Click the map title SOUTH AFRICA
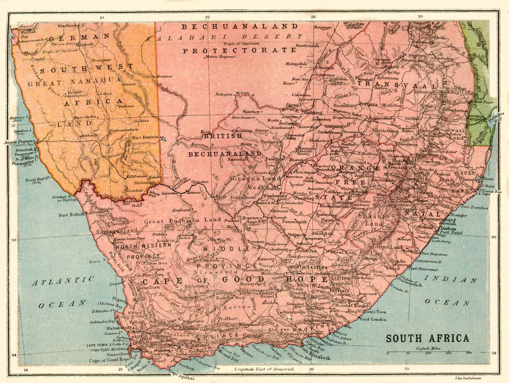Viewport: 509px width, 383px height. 428,339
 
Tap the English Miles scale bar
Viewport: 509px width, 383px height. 428,353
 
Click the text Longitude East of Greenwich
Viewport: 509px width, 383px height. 264,369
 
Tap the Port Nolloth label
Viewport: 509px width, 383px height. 72,215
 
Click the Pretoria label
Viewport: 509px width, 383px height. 368,104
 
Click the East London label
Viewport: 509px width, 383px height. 373,319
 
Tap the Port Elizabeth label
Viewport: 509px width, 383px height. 316,358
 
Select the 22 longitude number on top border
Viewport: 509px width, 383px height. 207,17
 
